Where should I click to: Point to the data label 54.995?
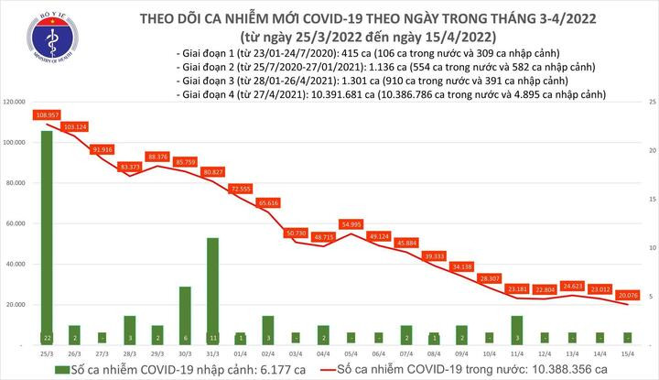pos(351,223)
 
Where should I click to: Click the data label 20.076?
pos(627,296)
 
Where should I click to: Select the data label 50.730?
pos(296,233)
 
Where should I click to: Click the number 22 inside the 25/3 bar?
pos(46,338)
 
